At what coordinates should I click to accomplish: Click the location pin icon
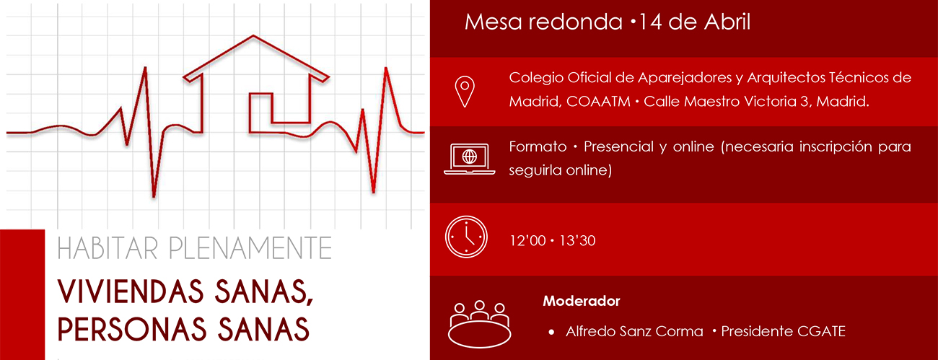(465, 90)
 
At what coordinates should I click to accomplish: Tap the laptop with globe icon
(469, 159)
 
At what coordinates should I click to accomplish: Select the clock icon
(467, 235)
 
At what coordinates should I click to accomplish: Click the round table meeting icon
(479, 322)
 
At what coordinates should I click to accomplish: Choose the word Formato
(538, 146)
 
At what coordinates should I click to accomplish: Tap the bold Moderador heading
(581, 301)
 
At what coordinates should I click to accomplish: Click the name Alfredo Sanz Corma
(634, 331)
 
